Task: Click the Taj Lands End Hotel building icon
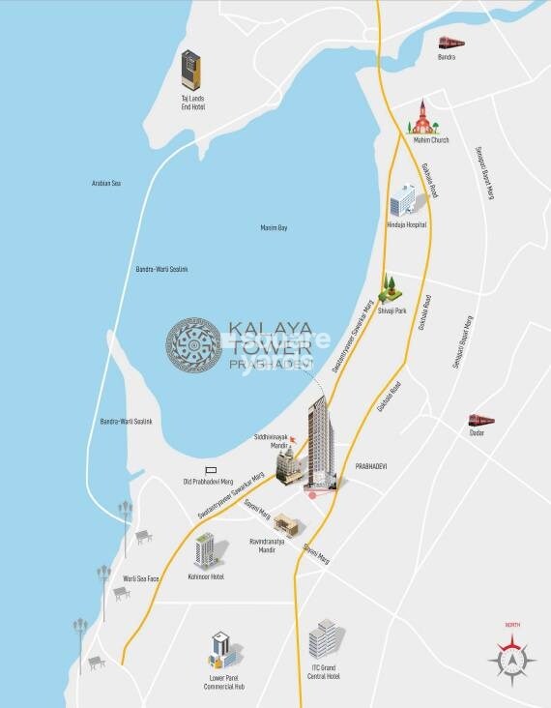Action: [191, 71]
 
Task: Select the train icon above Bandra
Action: [450, 43]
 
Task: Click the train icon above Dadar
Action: [480, 420]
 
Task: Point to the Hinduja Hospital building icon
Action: [402, 202]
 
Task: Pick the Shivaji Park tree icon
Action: [391, 284]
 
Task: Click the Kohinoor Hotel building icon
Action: [205, 550]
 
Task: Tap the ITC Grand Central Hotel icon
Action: [323, 639]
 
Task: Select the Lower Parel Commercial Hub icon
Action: [220, 649]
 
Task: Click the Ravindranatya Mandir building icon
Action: [287, 523]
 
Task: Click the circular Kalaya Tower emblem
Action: [193, 345]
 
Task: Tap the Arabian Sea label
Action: [105, 183]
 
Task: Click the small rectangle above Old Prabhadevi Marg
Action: [210, 469]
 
